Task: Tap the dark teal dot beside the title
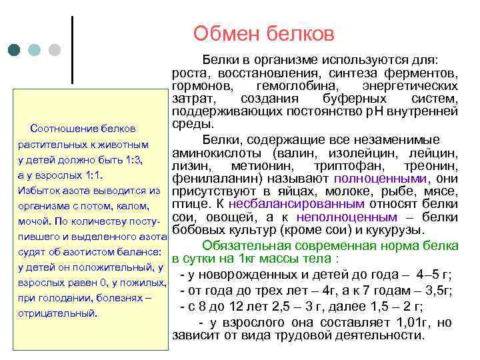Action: pyautogui.click(x=15, y=50)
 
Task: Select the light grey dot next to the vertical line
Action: pyautogui.click(x=55, y=50)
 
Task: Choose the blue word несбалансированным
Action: pyautogui.click(x=307, y=204)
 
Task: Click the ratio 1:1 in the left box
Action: pyautogui.click(x=91, y=175)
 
